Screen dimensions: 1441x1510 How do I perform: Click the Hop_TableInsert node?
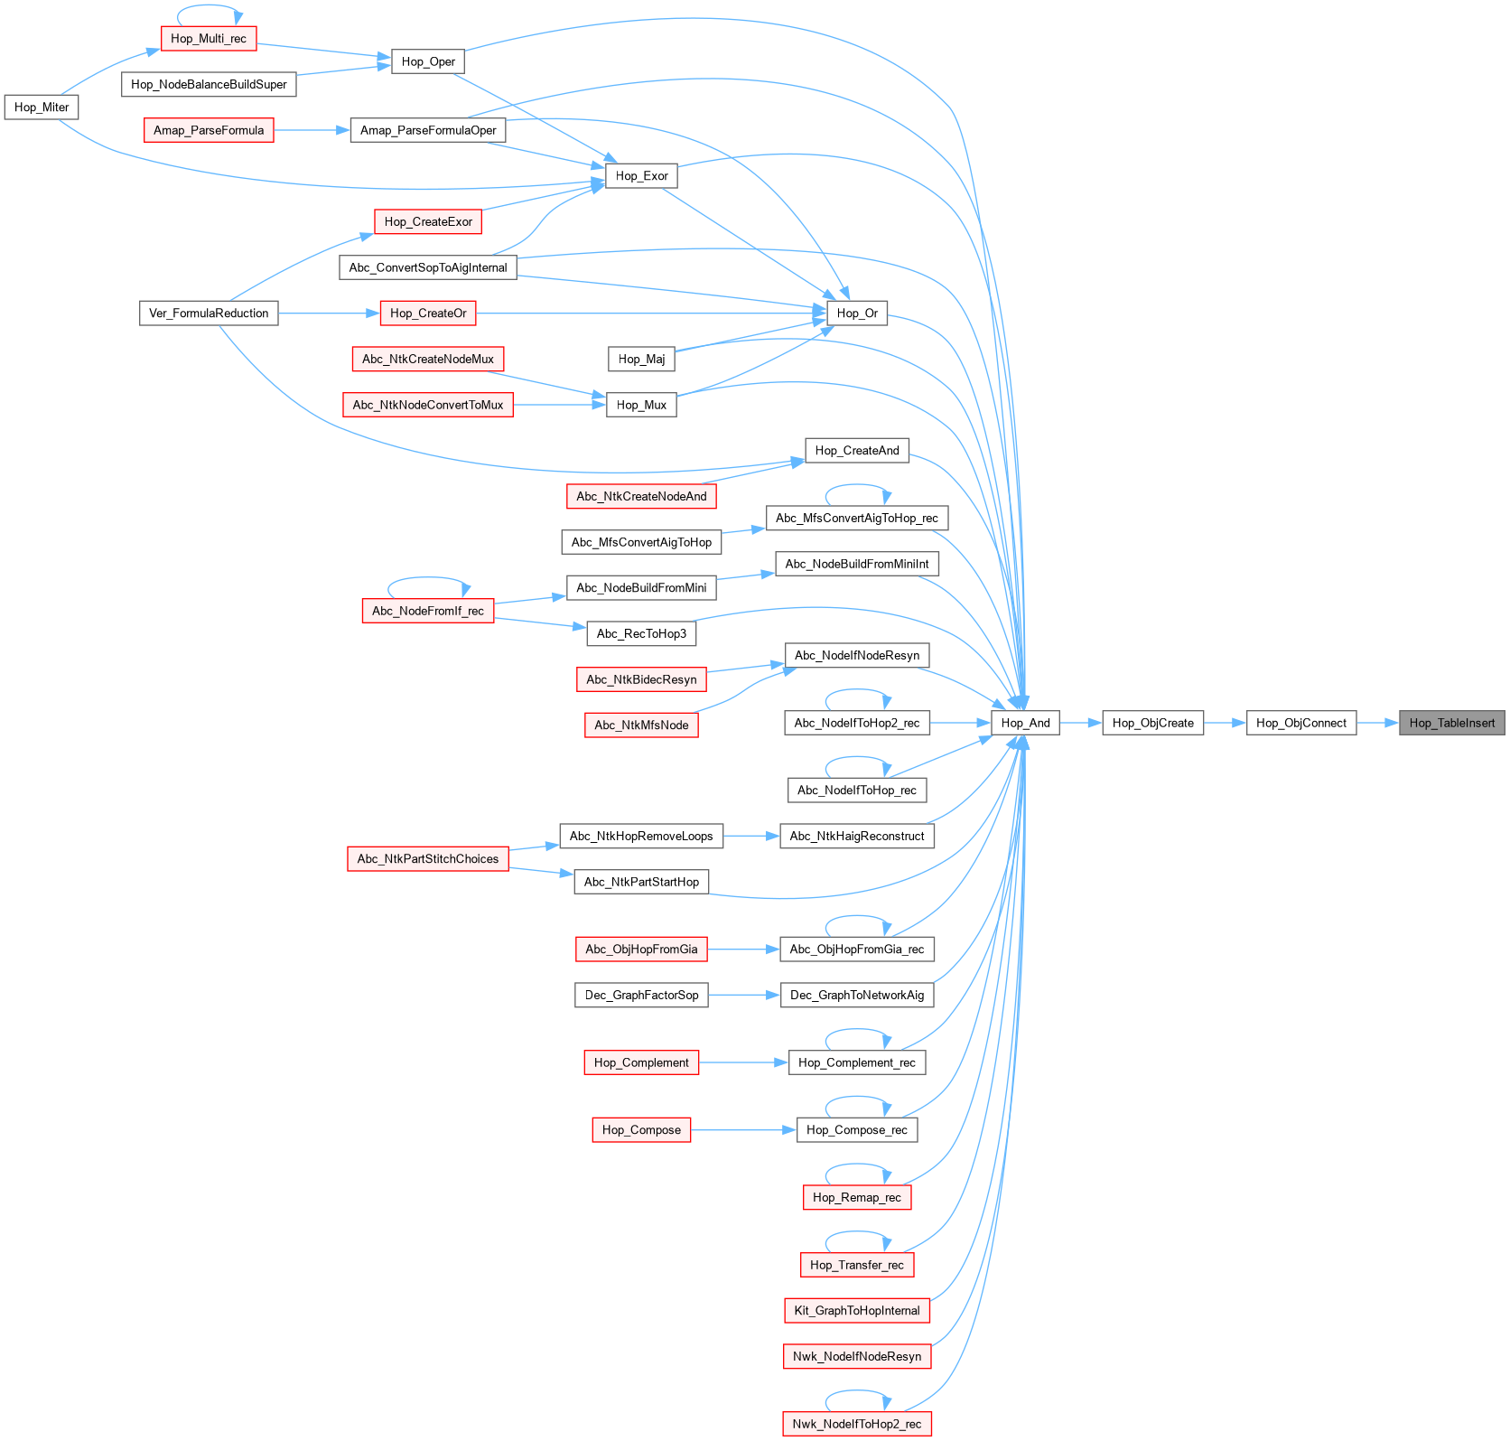(x=1451, y=723)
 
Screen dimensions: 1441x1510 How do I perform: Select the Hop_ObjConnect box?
(x=1300, y=723)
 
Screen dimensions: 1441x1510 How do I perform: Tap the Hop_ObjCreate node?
(x=1152, y=723)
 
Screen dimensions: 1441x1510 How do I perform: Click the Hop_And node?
(x=1025, y=723)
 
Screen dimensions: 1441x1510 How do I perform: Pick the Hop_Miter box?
(x=42, y=108)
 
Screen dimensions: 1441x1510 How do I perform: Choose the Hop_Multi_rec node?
(x=209, y=39)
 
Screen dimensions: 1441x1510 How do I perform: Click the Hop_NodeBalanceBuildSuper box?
(x=209, y=85)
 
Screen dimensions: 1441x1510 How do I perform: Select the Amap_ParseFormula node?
(x=209, y=131)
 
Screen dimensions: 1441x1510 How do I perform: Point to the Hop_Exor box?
(x=641, y=176)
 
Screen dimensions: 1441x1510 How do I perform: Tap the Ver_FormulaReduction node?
(x=209, y=313)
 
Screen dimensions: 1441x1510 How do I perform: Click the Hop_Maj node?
(x=641, y=360)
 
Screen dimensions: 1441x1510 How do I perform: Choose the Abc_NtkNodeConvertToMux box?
(x=428, y=405)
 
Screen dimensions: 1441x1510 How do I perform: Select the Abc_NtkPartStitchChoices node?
(x=428, y=859)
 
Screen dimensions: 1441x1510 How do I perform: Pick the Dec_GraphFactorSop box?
(x=641, y=996)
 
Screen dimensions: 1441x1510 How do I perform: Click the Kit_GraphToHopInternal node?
(x=857, y=1311)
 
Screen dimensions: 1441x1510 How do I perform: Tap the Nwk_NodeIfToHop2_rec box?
(x=857, y=1425)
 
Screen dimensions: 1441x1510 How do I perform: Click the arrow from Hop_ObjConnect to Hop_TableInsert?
(x=1377, y=723)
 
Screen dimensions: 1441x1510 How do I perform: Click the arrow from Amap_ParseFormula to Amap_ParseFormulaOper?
(x=312, y=131)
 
